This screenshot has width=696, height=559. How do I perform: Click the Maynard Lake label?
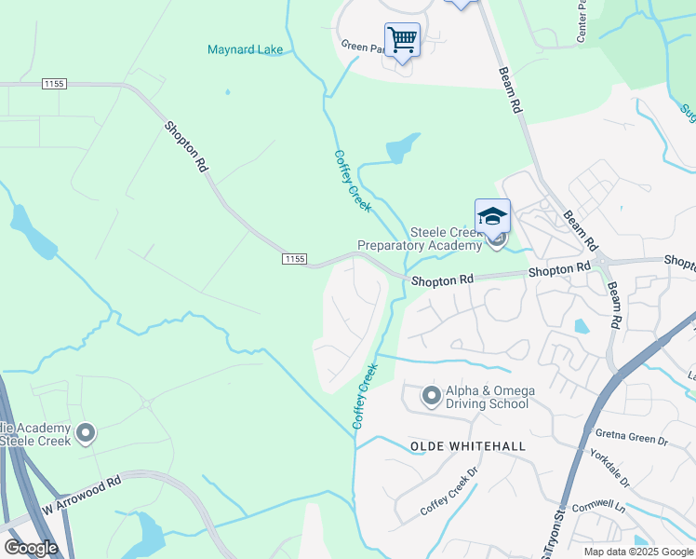[x=246, y=49]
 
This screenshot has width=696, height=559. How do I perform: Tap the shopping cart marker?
[x=402, y=40]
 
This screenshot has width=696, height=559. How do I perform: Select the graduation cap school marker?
[x=492, y=218]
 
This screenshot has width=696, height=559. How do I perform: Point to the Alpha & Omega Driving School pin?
[x=431, y=397]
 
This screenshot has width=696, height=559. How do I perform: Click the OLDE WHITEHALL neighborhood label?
[x=467, y=446]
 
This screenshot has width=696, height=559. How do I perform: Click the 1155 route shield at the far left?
[x=54, y=84]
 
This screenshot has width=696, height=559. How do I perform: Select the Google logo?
[x=31, y=547]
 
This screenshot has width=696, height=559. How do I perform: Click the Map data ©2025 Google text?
[x=638, y=552]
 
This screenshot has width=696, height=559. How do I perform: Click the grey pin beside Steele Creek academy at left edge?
[x=86, y=433]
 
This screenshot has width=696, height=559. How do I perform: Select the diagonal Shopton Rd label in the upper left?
[x=186, y=146]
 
